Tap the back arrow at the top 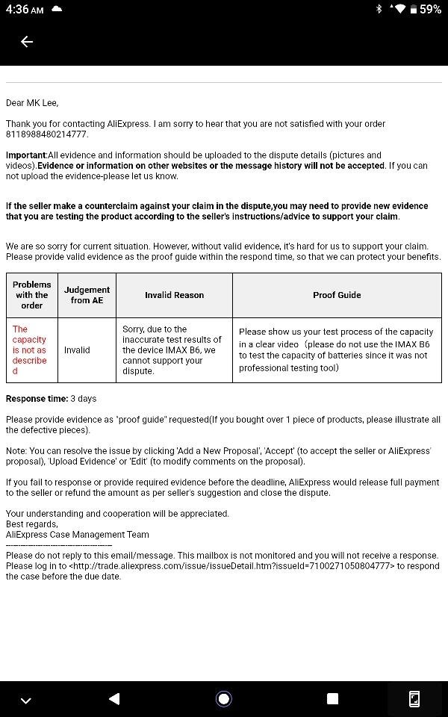27,42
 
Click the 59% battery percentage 430,10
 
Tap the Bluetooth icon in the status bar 379,10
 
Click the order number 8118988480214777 46,134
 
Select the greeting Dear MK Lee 31,103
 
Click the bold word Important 26,155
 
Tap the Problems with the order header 32,295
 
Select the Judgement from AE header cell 87,295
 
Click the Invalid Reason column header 174,295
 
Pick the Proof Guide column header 337,295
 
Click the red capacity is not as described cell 30,350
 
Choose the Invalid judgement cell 77,350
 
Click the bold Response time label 37,399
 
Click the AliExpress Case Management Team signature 78,535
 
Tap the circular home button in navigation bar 223,699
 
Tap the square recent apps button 333,699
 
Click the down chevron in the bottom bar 26,700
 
